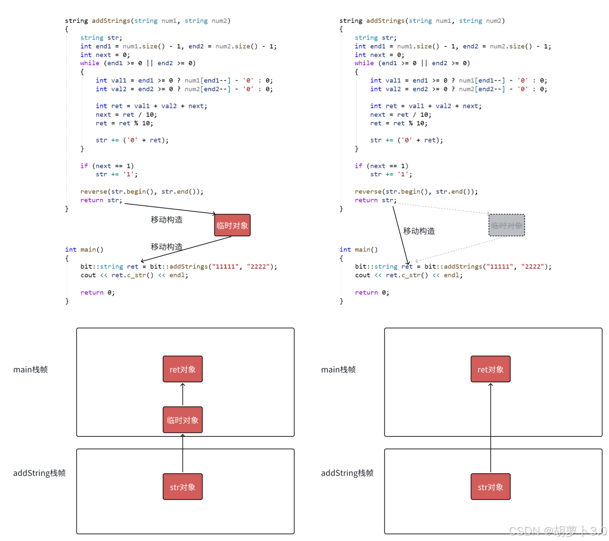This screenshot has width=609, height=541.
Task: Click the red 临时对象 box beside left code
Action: (232, 226)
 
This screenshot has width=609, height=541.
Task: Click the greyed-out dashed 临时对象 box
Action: (506, 226)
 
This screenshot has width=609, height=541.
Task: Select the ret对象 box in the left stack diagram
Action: (182, 370)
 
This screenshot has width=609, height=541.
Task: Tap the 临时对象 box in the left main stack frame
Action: (182, 420)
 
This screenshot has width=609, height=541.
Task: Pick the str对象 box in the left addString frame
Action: (182, 487)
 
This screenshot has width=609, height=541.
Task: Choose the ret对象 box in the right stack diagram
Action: (490, 370)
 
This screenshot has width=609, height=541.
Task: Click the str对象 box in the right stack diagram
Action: (490, 487)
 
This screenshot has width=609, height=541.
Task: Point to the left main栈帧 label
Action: (30, 370)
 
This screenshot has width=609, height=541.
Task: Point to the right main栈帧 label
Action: (338, 370)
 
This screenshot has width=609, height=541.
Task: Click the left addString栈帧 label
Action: (39, 473)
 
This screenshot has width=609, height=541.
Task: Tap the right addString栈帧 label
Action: (347, 473)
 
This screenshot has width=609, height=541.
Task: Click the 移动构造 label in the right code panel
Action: (419, 231)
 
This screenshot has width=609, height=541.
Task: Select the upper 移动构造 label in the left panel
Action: (166, 220)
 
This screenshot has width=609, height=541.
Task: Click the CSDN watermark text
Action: (557, 530)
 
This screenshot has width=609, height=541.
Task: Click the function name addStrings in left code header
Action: (111, 21)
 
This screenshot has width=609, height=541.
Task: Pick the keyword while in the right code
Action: (364, 63)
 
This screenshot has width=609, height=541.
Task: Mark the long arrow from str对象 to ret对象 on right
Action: (490, 430)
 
